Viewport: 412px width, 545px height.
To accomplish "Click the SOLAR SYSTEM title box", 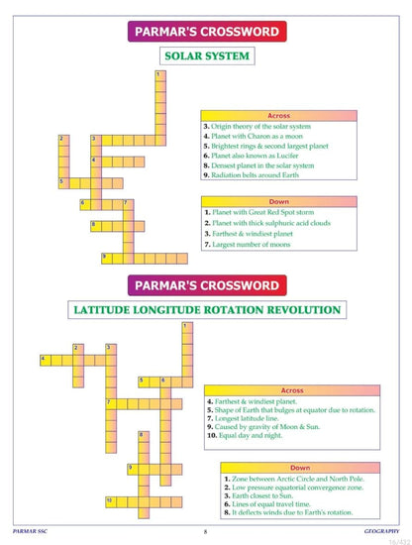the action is pyautogui.click(x=206, y=55).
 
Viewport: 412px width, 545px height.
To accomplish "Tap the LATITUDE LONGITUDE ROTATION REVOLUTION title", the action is pyautogui.click(x=206, y=309).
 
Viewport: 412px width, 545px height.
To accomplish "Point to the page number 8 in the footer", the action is pyautogui.click(x=205, y=531).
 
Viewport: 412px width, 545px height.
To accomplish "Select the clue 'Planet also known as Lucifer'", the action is pyautogui.click(x=260, y=156).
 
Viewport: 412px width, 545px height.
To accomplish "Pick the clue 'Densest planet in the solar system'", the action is pyautogui.click(x=265, y=164).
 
